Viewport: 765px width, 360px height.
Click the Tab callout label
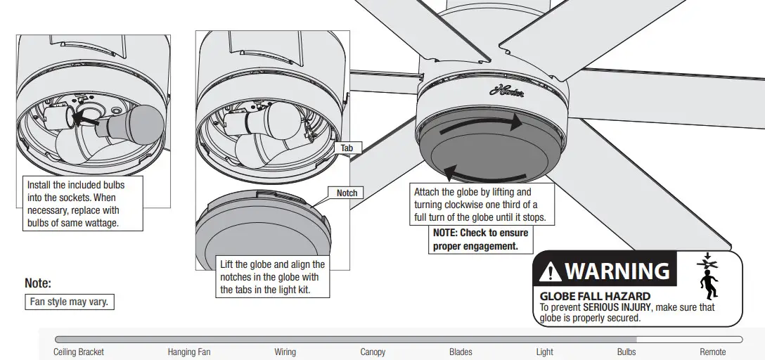pos(347,148)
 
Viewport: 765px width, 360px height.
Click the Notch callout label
pos(346,193)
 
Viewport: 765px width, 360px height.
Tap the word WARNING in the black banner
pos(617,271)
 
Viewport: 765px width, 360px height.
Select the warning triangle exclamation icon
pos(551,271)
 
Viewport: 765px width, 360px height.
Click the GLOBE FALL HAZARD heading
pos(594,297)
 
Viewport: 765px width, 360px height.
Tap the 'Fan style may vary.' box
pos(70,302)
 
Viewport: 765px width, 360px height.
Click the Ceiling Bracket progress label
pos(78,352)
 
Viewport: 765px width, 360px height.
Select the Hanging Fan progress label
pos(188,352)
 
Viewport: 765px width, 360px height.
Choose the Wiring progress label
pos(285,352)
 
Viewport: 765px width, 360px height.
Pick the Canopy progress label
pos(373,352)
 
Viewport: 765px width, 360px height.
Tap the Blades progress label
pos(461,352)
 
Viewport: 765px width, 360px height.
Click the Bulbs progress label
pos(626,352)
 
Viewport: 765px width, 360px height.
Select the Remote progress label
pos(712,352)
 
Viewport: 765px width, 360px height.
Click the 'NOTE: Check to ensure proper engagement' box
pos(481,239)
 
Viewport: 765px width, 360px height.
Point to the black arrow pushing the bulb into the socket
pos(86,118)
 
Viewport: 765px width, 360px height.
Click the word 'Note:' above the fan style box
pos(38,283)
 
